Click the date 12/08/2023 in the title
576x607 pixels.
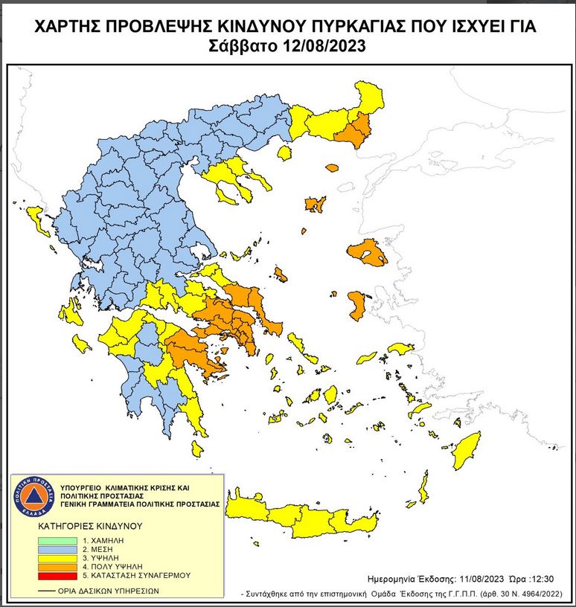pyautogui.click(x=325, y=46)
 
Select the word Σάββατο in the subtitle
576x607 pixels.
pyautogui.click(x=245, y=46)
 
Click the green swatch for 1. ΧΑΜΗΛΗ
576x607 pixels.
pyautogui.click(x=58, y=539)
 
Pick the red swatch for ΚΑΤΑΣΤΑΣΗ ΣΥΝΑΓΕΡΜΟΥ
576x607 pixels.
pyautogui.click(x=58, y=575)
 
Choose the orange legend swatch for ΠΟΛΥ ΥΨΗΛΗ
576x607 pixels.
pyautogui.click(x=58, y=566)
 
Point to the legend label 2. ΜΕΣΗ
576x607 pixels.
pyautogui.click(x=102, y=548)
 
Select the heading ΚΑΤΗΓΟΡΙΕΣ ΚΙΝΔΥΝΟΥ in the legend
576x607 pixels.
pyautogui.click(x=89, y=525)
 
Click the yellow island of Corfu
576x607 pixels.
pyautogui.click(x=34, y=219)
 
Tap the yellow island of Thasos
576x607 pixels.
pyautogui.click(x=284, y=153)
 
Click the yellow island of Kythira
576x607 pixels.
pyautogui.click(x=196, y=449)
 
